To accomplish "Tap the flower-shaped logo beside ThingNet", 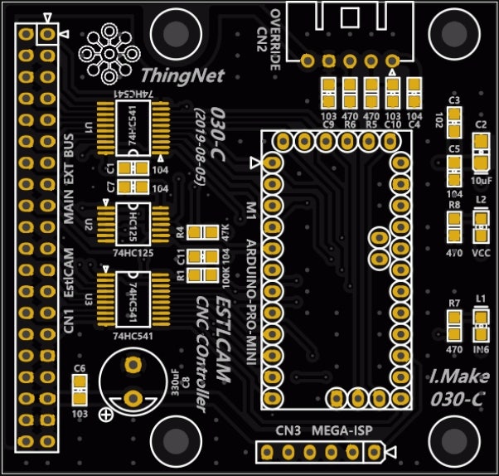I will point(107,52).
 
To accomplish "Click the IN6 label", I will point(481,350).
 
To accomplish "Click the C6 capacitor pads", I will point(80,386).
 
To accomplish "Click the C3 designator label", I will point(453,100).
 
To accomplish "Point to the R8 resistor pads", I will point(453,226).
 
